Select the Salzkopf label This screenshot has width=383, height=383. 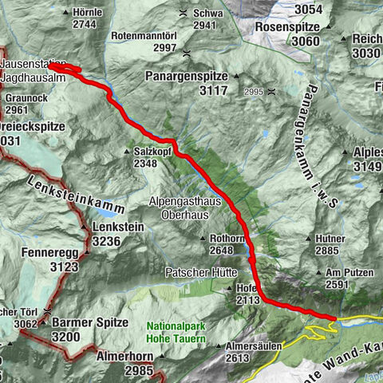click(x=152, y=151)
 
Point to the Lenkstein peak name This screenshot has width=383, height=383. click(x=118, y=227)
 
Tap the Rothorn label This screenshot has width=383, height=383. click(x=226, y=238)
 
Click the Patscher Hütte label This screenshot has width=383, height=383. click(x=197, y=272)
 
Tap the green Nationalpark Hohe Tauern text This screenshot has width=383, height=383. click(x=176, y=333)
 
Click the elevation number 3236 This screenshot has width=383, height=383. click(x=107, y=241)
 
